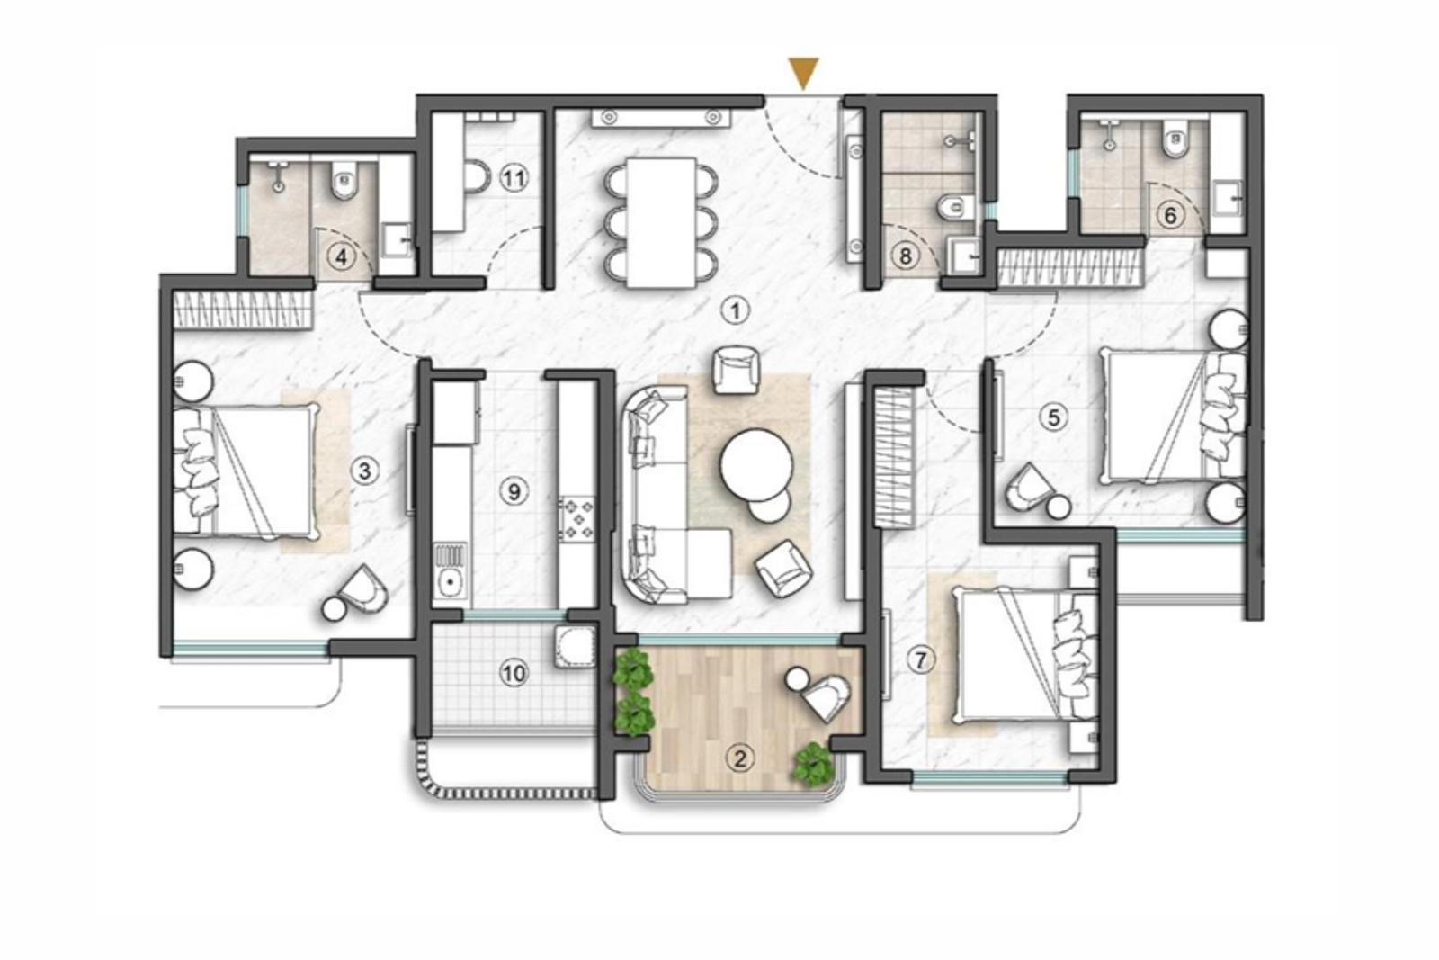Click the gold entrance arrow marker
pos(803,72)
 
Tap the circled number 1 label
pos(736,311)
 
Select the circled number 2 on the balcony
pos(739,758)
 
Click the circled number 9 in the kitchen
pos(514,491)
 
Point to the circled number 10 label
pos(514,673)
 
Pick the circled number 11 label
pos(513,178)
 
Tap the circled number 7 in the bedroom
pos(920,660)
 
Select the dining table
pos(662,222)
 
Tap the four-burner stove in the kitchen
pos(576,520)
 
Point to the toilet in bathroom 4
pos(344,184)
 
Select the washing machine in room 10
pos(573,647)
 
